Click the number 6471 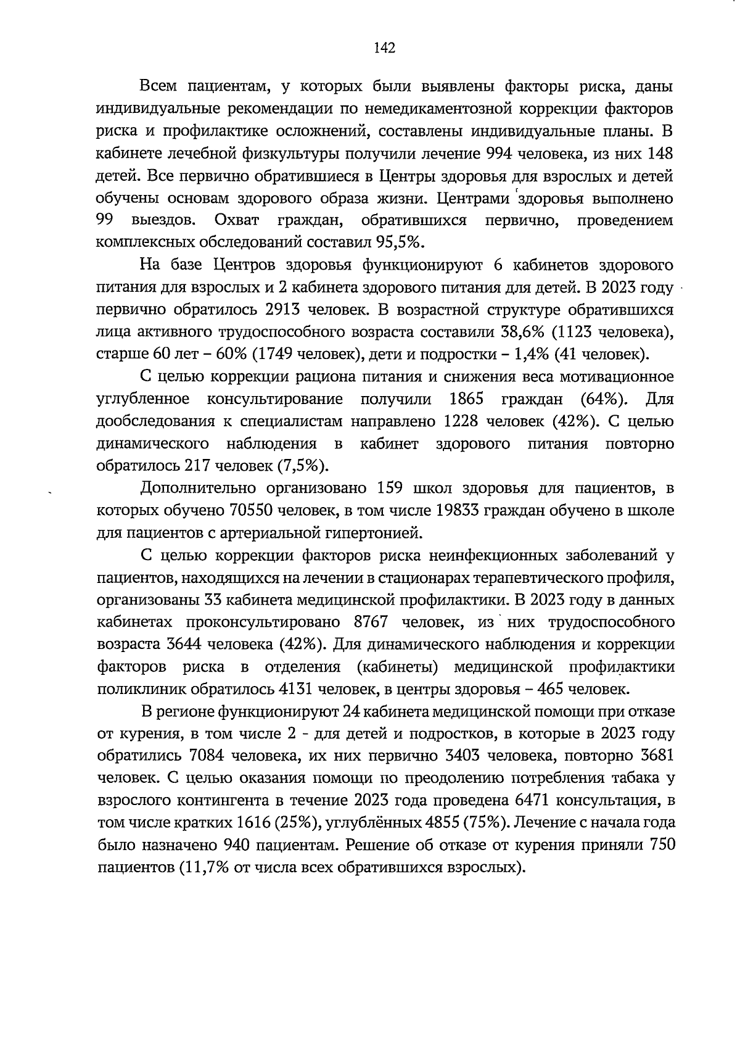[532, 800]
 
